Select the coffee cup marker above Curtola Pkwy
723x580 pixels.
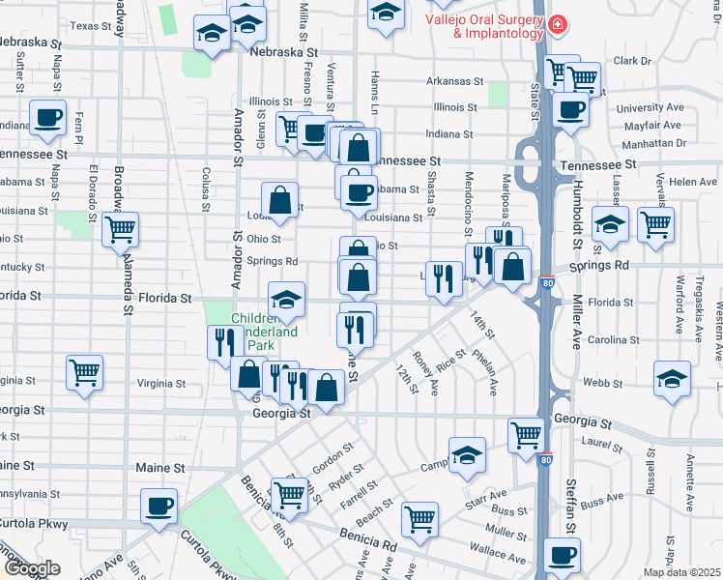click(x=159, y=506)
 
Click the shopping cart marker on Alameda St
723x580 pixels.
click(x=121, y=230)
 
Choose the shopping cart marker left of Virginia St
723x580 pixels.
click(x=84, y=372)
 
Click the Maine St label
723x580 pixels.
click(x=159, y=468)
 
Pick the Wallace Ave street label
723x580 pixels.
click(x=498, y=552)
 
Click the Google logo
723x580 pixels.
click(x=32, y=569)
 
